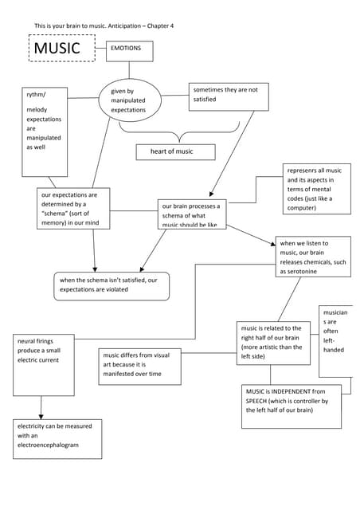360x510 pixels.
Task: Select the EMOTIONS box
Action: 129,51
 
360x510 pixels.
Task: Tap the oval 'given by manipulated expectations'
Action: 130,100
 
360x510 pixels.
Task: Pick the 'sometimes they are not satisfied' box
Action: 228,96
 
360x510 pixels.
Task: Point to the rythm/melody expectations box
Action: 44,131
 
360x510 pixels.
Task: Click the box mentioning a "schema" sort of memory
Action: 73,208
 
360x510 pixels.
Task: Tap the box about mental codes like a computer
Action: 316,189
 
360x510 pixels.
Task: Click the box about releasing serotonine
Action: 312,257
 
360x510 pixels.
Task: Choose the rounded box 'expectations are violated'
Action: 112,285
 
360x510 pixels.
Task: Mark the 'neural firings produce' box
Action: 44,364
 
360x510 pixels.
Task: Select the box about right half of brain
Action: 273,343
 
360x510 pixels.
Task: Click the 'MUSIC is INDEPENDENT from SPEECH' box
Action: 291,406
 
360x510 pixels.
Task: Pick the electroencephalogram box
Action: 57,438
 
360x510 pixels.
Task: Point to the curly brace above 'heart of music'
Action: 179,131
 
